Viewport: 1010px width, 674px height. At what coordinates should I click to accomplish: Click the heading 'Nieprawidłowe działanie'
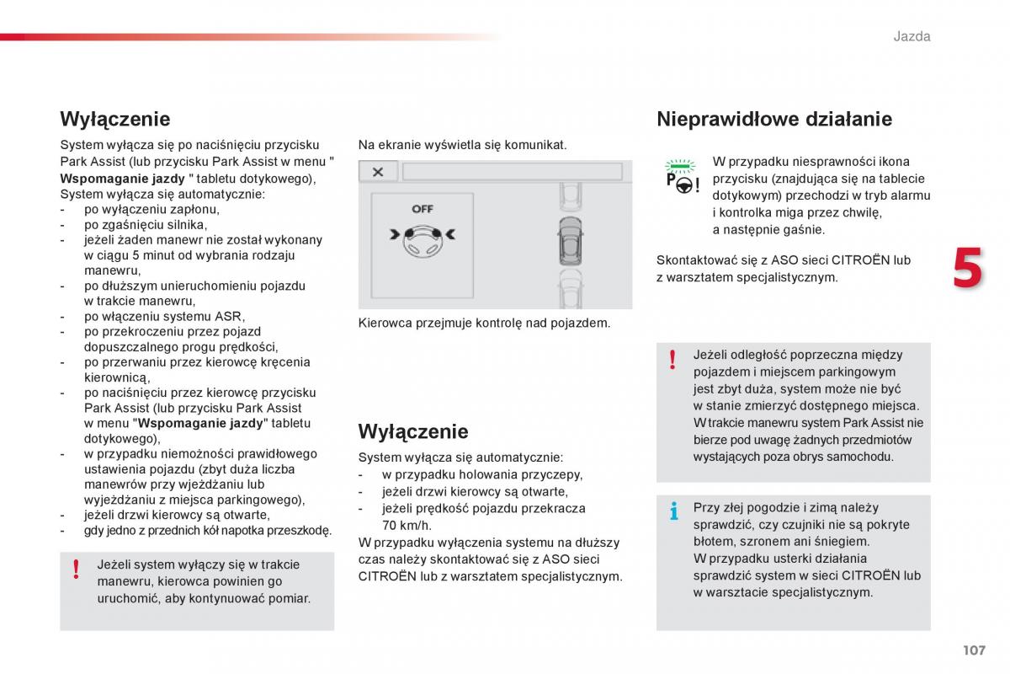[x=773, y=119]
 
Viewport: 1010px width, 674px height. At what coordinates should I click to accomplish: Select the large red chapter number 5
[x=967, y=270]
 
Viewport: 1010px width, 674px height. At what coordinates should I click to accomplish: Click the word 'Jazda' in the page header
[x=912, y=36]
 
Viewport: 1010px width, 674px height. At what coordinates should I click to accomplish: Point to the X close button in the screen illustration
[x=378, y=172]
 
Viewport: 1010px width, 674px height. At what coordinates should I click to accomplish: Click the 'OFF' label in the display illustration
[x=423, y=209]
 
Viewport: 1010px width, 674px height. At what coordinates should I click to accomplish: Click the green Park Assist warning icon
[x=681, y=176]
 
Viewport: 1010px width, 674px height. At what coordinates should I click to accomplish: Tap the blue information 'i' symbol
[x=672, y=511]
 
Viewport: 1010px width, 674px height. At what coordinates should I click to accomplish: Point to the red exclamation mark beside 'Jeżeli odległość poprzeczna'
[x=672, y=360]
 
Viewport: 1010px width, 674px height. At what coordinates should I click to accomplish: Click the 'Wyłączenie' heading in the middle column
[x=412, y=431]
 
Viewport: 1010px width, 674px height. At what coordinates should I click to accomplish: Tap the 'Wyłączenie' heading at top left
[x=114, y=119]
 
